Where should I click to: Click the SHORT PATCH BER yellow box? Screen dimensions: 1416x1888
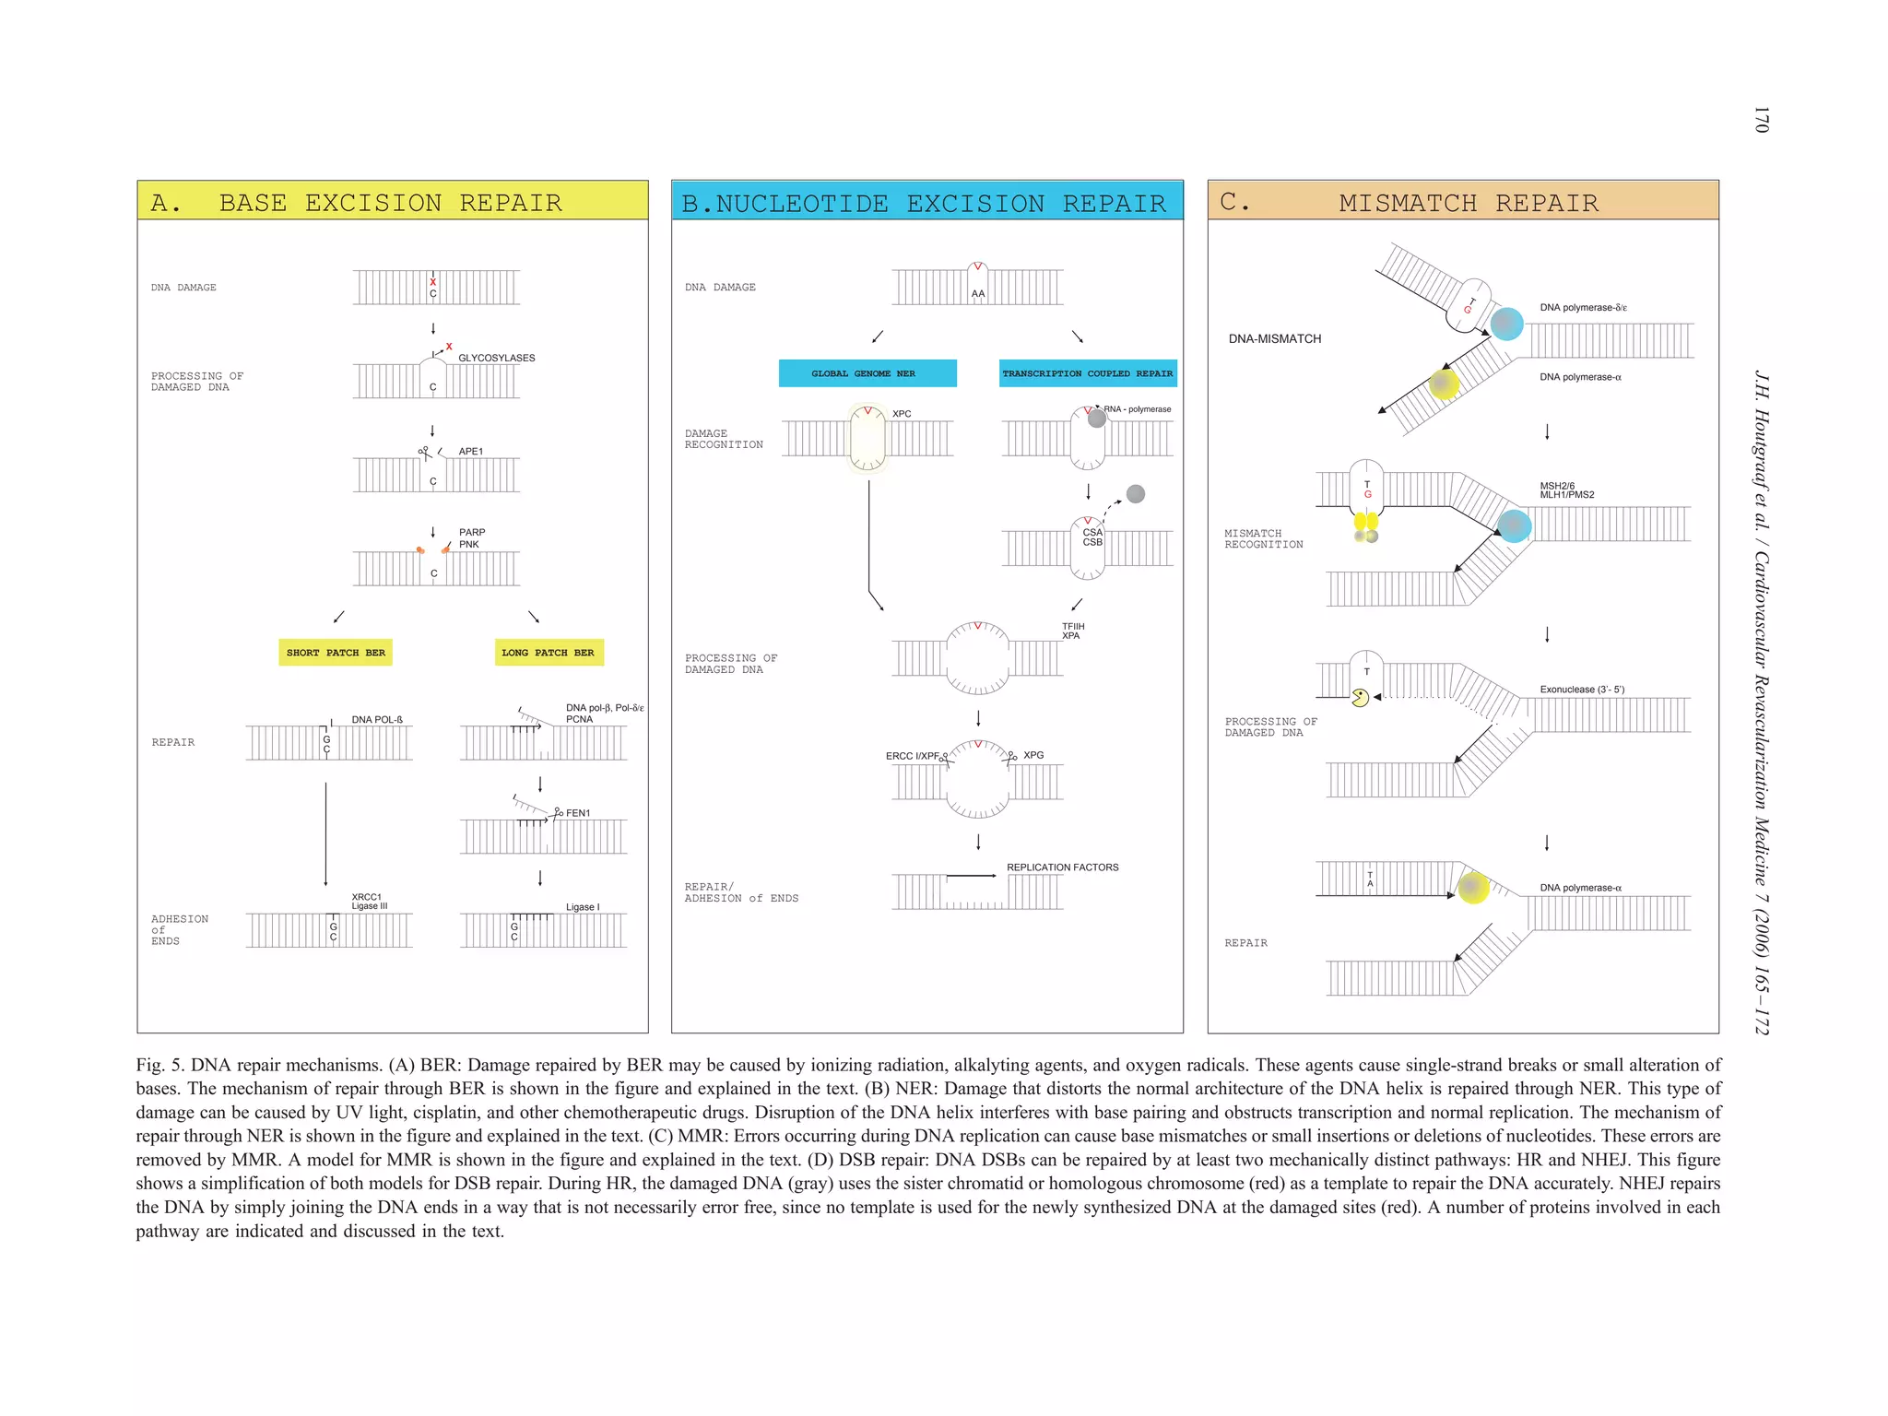(336, 653)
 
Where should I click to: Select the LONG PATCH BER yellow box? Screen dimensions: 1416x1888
(549, 653)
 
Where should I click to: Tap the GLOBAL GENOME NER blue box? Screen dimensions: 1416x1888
(867, 373)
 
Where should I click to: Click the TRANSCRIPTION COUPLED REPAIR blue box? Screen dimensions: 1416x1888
(1087, 373)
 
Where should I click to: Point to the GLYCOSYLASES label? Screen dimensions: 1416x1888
(496, 358)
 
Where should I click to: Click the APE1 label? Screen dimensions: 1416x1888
(470, 452)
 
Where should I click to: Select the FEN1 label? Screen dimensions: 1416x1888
(578, 813)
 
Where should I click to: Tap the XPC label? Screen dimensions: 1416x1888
(902, 414)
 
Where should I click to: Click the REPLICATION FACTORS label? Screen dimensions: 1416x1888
(1062, 867)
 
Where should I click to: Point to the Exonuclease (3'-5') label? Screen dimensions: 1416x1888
(1582, 690)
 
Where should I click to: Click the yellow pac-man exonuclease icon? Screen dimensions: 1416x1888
(1360, 698)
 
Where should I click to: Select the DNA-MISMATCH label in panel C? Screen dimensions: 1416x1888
(1274, 339)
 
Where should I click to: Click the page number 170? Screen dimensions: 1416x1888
(1761, 120)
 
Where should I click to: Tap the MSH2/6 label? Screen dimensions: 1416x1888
(1557, 486)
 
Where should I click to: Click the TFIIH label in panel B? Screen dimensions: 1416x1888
(1073, 626)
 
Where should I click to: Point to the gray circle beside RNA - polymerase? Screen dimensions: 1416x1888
(1096, 419)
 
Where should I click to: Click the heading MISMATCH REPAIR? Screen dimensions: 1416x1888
(1468, 203)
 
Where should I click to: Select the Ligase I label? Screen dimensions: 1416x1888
(582, 907)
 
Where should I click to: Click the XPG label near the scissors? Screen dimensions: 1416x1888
(1033, 755)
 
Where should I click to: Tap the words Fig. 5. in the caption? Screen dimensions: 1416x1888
(159, 1066)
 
